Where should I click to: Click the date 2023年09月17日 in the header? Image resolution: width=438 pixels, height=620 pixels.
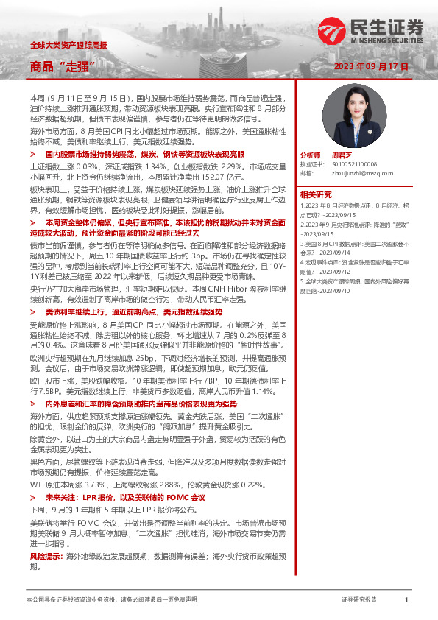[x=371, y=66]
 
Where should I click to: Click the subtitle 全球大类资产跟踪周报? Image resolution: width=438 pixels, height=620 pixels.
[x=68, y=45]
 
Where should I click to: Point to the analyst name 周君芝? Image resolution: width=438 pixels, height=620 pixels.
[x=342, y=156]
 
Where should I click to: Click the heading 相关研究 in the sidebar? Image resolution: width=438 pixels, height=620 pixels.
[x=317, y=194]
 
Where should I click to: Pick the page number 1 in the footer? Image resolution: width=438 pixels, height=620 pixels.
[x=406, y=600]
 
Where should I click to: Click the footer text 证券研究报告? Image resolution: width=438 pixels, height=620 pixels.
[x=359, y=600]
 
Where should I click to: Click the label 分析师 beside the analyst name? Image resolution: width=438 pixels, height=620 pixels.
[x=311, y=156]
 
